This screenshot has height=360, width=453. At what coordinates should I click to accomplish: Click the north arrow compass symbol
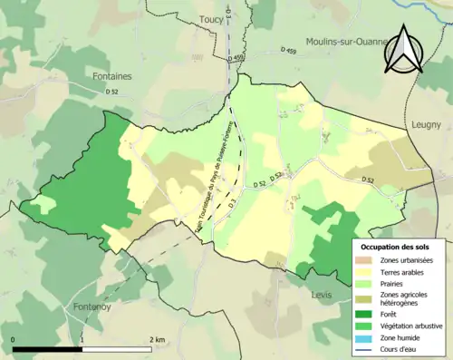coord(402,50)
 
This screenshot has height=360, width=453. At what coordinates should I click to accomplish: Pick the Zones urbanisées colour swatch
coord(369,260)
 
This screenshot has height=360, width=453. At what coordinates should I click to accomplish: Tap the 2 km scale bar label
coord(157,340)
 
